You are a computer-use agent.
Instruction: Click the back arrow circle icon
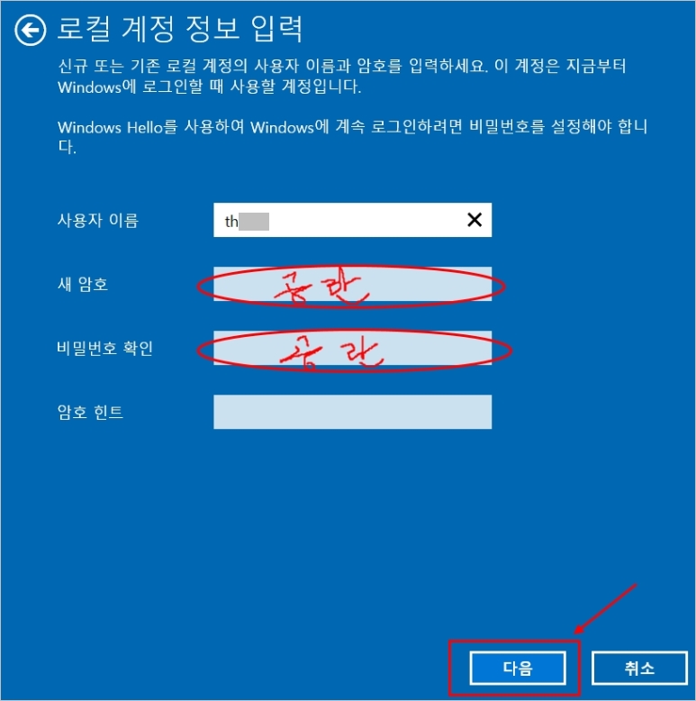(x=31, y=31)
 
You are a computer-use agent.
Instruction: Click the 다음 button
(x=518, y=669)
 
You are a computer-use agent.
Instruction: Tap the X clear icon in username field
(x=474, y=220)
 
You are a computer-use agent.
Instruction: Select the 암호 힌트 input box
(x=352, y=412)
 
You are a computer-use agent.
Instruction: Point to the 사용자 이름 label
(x=97, y=220)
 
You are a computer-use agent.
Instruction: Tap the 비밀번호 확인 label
(x=104, y=348)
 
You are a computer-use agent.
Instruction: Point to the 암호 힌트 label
(x=90, y=413)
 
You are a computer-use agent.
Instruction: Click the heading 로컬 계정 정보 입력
(x=180, y=30)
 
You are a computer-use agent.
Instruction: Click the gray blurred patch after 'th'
(x=255, y=221)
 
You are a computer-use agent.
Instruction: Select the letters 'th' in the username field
(x=231, y=221)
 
